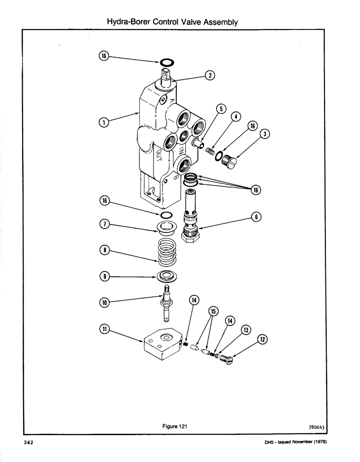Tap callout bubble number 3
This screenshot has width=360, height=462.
(x=265, y=134)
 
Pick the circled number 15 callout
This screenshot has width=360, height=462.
(x=213, y=311)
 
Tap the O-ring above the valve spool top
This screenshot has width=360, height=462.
(x=167, y=62)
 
